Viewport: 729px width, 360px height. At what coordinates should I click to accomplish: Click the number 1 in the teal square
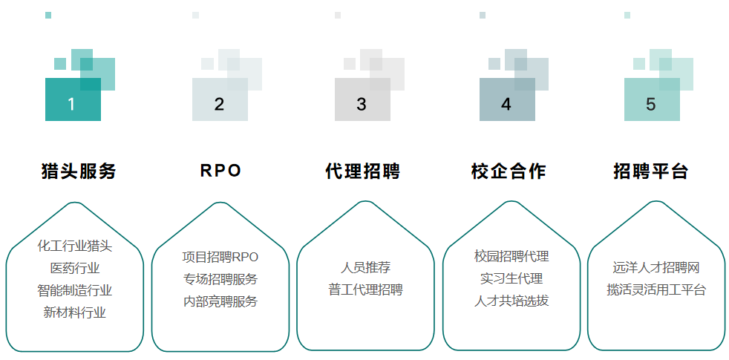point(71,104)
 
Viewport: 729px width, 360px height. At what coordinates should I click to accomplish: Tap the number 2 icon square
point(219,104)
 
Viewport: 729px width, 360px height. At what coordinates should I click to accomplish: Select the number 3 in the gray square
point(362,104)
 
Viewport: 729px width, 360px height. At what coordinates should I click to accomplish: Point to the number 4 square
point(506,104)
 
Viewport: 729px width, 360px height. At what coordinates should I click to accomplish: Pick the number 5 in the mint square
point(651,104)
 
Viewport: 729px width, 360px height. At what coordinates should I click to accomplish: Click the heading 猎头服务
point(79,171)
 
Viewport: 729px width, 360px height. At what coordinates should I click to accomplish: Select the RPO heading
point(220,171)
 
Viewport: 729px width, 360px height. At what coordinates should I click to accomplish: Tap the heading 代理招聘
point(363,171)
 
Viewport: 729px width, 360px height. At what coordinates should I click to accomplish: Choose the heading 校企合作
point(509,171)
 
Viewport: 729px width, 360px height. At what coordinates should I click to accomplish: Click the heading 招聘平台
point(651,171)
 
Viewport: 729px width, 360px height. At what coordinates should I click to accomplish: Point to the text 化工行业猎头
point(75,246)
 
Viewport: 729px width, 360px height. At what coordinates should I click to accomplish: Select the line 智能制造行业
point(75,290)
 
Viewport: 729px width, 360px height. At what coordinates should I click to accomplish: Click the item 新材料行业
point(75,312)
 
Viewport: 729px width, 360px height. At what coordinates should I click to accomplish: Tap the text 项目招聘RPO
point(220,257)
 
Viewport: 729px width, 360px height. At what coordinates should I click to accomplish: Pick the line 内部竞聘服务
point(220,301)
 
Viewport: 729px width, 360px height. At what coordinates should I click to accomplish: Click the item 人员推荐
point(365,267)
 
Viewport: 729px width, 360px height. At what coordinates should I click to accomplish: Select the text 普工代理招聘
point(365,289)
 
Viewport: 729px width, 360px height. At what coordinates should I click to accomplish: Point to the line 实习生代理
point(511,279)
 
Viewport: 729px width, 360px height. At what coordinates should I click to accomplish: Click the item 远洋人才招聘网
point(656,267)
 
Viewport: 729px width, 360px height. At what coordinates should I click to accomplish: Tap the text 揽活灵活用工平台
point(656,289)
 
